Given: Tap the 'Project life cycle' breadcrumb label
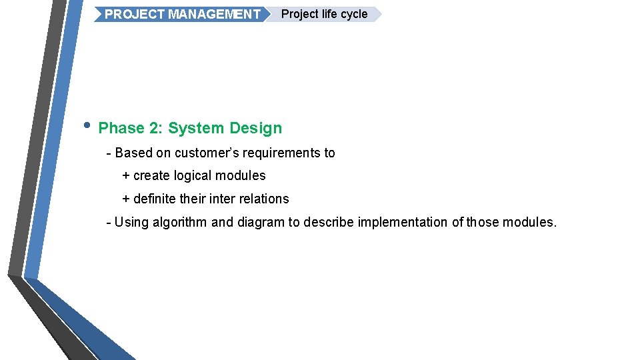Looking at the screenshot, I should (324, 14).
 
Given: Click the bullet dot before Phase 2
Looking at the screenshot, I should (87, 125).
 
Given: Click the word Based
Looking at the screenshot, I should (134, 153).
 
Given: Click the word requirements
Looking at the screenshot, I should (282, 153).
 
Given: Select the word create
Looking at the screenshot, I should (152, 176).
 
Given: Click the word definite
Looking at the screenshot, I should (156, 199).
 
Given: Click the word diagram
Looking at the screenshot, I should (261, 222).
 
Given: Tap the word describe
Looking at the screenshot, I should (329, 222).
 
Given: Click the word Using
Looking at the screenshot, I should (132, 222).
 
